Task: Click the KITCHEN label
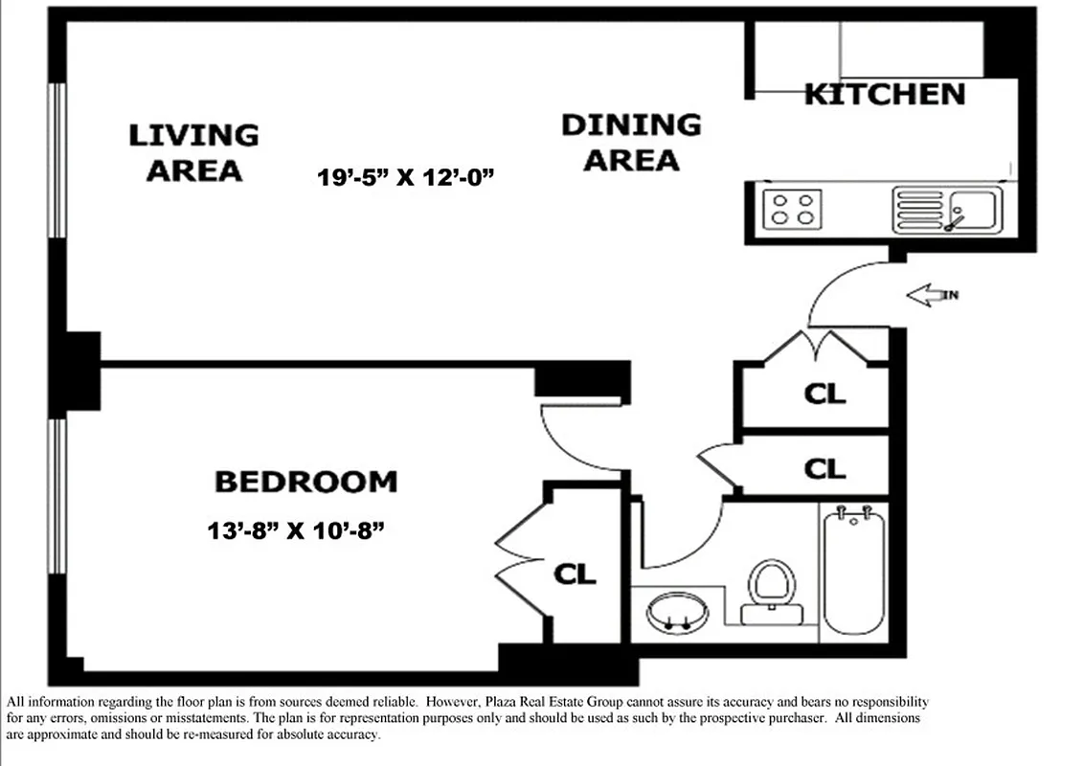(885, 94)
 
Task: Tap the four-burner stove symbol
(792, 208)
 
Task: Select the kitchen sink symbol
(947, 209)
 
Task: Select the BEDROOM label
(305, 481)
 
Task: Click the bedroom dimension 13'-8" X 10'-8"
(295, 529)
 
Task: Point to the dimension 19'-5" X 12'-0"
(406, 177)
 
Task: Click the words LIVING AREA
(194, 152)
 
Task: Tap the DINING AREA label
(631, 142)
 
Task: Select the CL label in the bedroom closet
(576, 574)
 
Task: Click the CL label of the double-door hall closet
(824, 394)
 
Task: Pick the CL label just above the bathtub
(824, 468)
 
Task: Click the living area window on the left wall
(57, 158)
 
